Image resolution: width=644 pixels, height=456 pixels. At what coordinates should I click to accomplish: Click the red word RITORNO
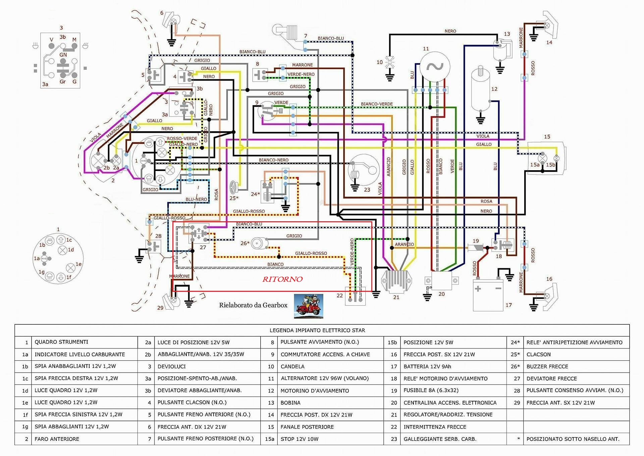click(x=282, y=279)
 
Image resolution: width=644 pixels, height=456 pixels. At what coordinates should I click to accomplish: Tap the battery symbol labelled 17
click(x=488, y=294)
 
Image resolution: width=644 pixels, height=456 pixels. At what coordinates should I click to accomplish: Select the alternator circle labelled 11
click(x=435, y=66)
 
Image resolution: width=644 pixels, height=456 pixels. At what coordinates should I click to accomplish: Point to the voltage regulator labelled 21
click(x=397, y=281)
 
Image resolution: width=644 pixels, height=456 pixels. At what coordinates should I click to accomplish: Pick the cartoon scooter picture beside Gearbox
click(x=308, y=306)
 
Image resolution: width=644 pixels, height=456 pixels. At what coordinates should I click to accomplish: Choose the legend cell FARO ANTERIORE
click(x=57, y=439)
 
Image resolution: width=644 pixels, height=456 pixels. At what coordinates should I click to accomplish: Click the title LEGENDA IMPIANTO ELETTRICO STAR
click(x=317, y=330)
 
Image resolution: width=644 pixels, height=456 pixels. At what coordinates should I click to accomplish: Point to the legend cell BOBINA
click(x=290, y=403)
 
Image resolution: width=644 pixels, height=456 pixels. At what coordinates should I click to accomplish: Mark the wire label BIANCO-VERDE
click(x=377, y=104)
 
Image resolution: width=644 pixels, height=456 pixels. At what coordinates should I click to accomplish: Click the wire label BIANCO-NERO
click(x=273, y=160)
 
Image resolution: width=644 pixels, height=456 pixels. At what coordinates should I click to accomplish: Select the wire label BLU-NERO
click(x=196, y=199)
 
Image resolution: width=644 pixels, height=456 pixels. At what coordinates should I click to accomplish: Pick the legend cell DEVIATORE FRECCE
click(x=551, y=378)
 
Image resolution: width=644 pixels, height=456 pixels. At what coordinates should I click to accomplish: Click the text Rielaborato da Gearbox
click(x=253, y=305)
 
